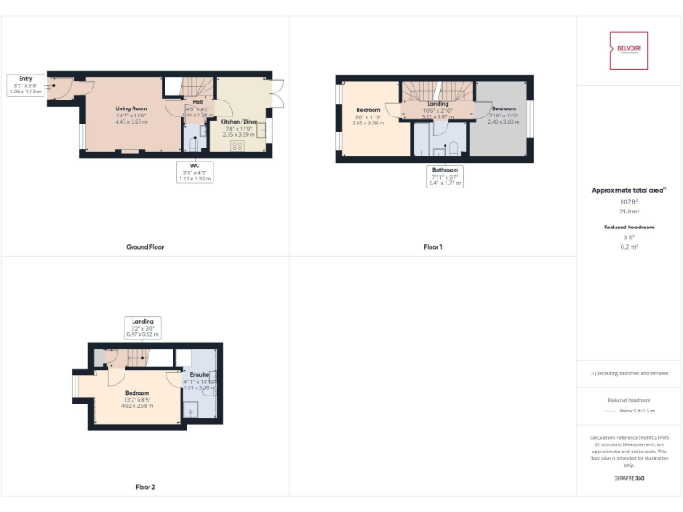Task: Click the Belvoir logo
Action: (x=629, y=50)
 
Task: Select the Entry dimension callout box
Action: (x=25, y=84)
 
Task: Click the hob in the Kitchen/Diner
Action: (x=238, y=146)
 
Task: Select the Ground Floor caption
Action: (x=144, y=246)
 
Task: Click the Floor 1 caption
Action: (x=432, y=246)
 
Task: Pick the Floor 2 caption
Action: (x=144, y=487)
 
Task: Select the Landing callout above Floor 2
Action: (x=142, y=327)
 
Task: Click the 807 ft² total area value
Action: (x=629, y=202)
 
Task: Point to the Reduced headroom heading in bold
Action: (x=629, y=228)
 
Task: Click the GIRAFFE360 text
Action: (x=629, y=479)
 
